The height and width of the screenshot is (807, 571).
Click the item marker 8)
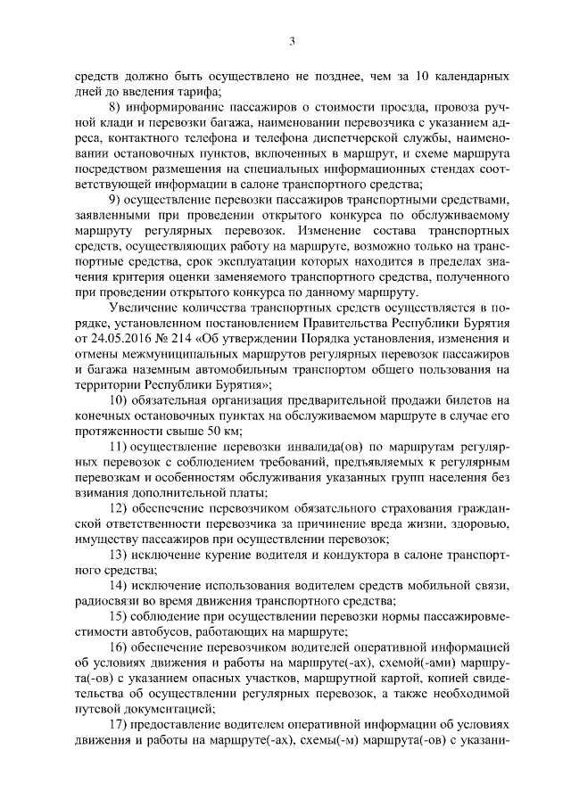(x=115, y=106)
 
